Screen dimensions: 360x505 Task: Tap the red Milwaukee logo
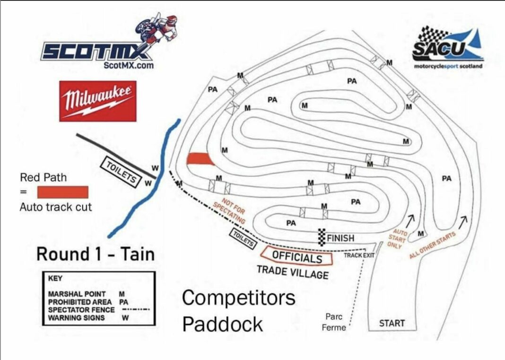98,101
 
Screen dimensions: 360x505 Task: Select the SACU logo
447,47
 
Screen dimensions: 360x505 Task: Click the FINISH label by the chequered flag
340,238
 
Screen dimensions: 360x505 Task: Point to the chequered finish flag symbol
322,236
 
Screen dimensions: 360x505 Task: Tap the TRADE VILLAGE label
292,272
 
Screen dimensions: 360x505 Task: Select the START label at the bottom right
392,324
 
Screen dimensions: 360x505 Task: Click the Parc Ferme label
335,322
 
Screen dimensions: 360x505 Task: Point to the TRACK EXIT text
359,255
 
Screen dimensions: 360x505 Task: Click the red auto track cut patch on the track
200,159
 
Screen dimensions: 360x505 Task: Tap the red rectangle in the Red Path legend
62,192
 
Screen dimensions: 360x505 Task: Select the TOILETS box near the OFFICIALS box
243,238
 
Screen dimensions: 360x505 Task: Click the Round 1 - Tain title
96,254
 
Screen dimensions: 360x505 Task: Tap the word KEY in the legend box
55,279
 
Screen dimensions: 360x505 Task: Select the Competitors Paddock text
238,311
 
